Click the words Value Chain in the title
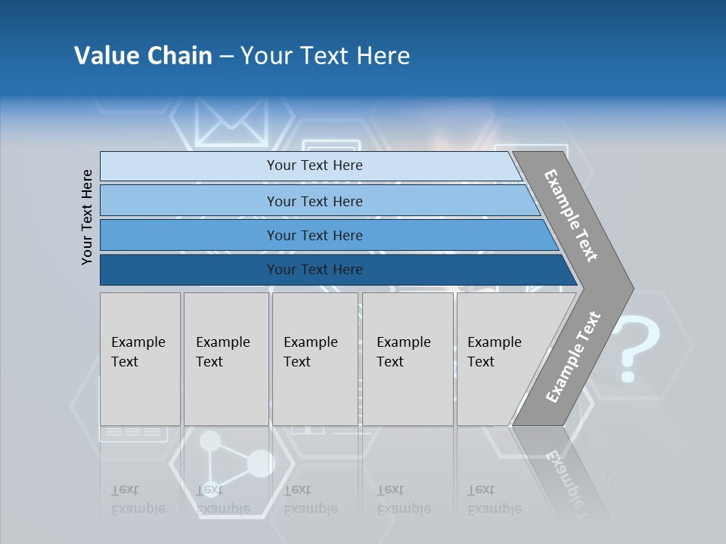pyautogui.click(x=143, y=56)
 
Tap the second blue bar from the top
pyautogui.click(x=315, y=201)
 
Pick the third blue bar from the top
pyautogui.click(x=315, y=235)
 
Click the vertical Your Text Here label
pyautogui.click(x=87, y=217)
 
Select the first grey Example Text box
pyautogui.click(x=140, y=358)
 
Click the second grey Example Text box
pyautogui.click(x=225, y=358)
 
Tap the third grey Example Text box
pyautogui.click(x=314, y=358)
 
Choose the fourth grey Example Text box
pyautogui.click(x=407, y=358)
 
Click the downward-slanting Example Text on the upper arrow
pyautogui.click(x=571, y=215)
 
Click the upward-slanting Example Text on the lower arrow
pyautogui.click(x=573, y=357)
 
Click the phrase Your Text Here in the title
pyautogui.click(x=325, y=56)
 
